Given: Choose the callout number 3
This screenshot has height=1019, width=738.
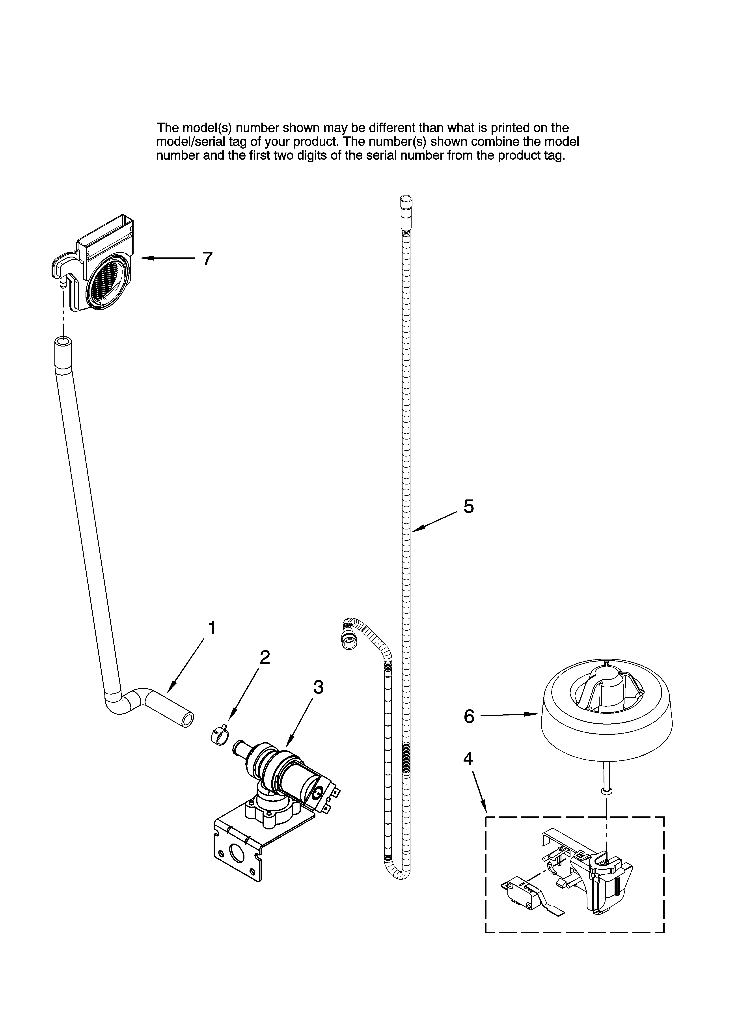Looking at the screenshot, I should pyautogui.click(x=318, y=687).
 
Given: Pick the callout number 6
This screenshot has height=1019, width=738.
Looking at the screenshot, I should pyautogui.click(x=469, y=717).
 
